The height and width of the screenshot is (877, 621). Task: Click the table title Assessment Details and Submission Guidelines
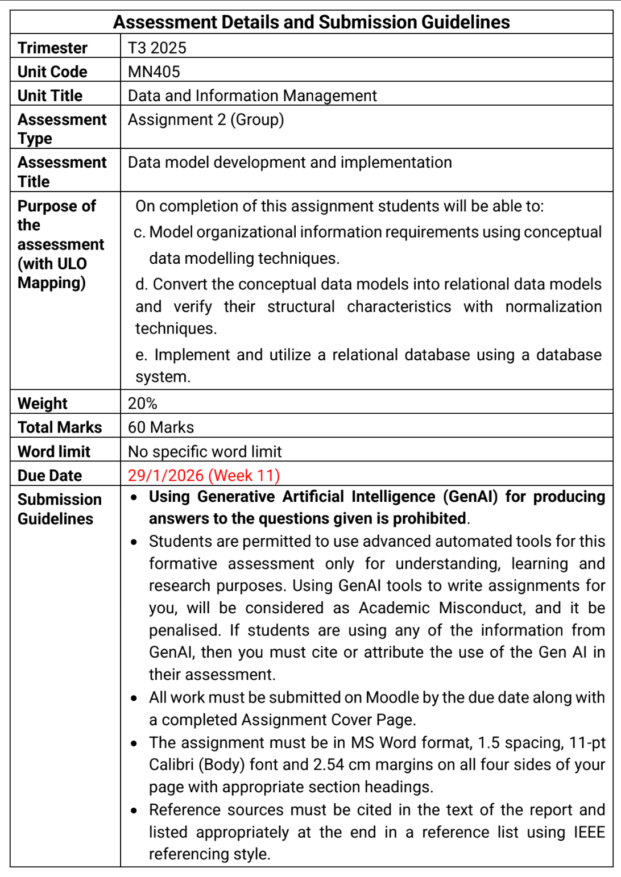[311, 22]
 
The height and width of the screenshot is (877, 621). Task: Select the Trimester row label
[52, 48]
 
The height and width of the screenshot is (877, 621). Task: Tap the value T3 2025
[157, 48]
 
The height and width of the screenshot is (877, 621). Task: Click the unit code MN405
[154, 72]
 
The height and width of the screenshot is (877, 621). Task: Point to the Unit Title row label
[50, 95]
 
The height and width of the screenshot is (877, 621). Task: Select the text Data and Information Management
[252, 95]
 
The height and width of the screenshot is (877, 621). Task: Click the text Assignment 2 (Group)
[205, 119]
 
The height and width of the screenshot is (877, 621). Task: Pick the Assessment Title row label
[61, 172]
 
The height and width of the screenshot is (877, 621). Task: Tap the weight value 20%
[142, 403]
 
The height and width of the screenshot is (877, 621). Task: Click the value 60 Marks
[160, 427]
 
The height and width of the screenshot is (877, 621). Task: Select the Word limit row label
[54, 451]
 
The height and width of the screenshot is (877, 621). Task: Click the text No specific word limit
[205, 451]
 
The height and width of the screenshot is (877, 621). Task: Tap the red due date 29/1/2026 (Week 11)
[204, 475]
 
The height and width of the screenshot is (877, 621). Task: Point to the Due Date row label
[50, 475]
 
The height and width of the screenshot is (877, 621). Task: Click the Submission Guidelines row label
[59, 509]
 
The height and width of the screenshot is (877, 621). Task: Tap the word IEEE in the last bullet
[589, 832]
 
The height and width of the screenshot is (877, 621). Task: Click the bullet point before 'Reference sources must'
[134, 811]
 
